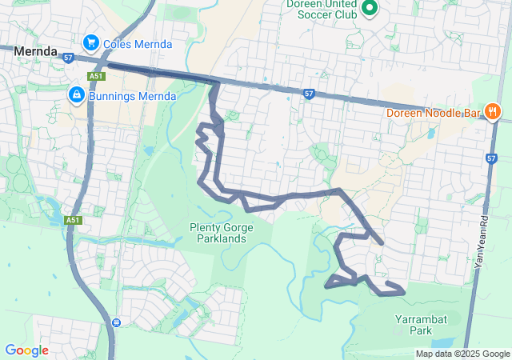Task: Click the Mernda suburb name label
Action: [34, 50]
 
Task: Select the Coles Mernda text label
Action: [137, 44]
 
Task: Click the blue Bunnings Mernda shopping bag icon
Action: [76, 95]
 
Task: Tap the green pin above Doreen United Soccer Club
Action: [369, 9]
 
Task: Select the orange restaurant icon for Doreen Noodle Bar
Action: [493, 111]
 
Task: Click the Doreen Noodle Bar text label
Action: [433, 113]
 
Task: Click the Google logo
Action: [26, 350]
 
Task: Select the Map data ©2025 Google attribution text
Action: [462, 354]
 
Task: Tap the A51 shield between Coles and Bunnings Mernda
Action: [96, 75]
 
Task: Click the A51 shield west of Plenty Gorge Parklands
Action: [74, 220]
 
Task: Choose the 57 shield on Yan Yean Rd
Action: [490, 158]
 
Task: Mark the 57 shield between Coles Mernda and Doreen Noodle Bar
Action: [309, 93]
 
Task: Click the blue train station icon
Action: [117, 322]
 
